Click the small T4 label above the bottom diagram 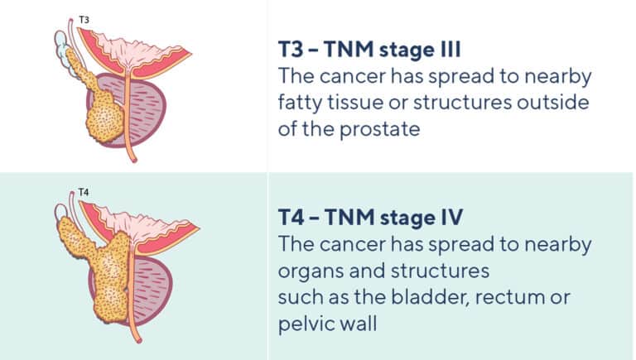pyautogui.click(x=83, y=193)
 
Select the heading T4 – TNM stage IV pyautogui.click(x=371, y=219)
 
